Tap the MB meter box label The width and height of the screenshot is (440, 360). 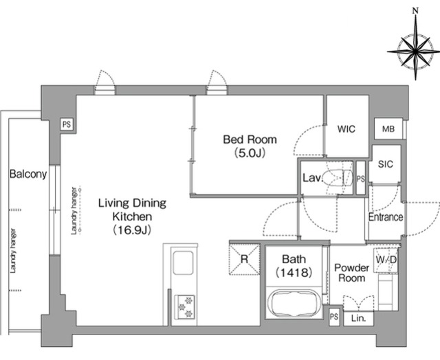[x=388, y=129]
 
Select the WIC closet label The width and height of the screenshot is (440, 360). [x=346, y=129]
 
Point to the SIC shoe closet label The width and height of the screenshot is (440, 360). [x=386, y=164]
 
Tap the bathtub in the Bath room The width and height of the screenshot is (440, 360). [x=294, y=304]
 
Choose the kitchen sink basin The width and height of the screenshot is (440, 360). [x=183, y=262]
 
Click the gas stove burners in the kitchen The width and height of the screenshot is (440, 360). [x=185, y=306]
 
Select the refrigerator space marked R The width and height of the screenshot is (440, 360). [x=245, y=259]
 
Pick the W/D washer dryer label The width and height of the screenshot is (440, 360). [x=386, y=260]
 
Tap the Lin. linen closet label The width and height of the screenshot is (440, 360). [x=359, y=319]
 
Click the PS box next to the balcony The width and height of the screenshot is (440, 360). [x=67, y=124]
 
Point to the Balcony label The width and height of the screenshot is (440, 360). [x=28, y=174]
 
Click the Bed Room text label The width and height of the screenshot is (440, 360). [x=250, y=139]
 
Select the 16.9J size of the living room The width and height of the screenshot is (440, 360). [x=132, y=230]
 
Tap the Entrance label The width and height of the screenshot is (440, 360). [x=386, y=217]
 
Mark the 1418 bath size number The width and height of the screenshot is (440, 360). [x=294, y=272]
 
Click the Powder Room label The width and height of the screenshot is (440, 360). [x=351, y=273]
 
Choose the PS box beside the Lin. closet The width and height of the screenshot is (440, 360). [x=334, y=317]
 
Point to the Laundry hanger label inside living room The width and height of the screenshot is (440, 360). [x=74, y=211]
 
